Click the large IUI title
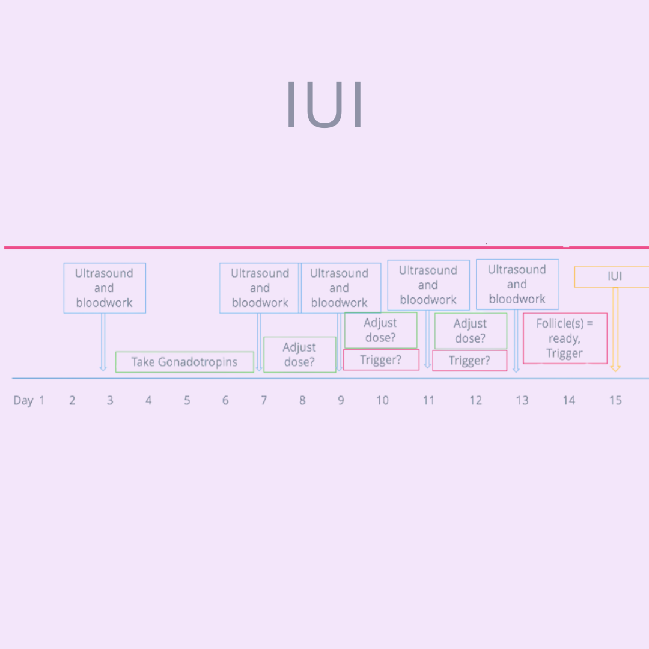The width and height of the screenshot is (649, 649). pyautogui.click(x=325, y=105)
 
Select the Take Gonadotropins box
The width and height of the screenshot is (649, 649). pyautogui.click(x=184, y=362)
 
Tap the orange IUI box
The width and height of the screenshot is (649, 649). pyautogui.click(x=612, y=277)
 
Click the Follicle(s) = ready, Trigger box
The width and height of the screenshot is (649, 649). pyautogui.click(x=565, y=338)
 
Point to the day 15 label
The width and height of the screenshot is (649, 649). pyautogui.click(x=615, y=400)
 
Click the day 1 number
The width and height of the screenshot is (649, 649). pyautogui.click(x=42, y=400)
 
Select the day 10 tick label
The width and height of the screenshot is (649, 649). pyautogui.click(x=382, y=400)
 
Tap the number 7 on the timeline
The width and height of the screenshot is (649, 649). pyautogui.click(x=264, y=400)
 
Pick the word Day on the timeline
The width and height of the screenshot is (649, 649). pyautogui.click(x=23, y=401)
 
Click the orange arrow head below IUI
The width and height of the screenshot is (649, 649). pyautogui.click(x=615, y=368)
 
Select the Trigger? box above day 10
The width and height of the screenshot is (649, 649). pyautogui.click(x=381, y=360)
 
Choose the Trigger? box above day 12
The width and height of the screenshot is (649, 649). pyautogui.click(x=470, y=361)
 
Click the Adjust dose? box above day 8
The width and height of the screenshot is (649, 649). pyautogui.click(x=300, y=355)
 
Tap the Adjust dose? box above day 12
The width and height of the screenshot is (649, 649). pyautogui.click(x=471, y=331)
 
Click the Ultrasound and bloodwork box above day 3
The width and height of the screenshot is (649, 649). pyautogui.click(x=105, y=288)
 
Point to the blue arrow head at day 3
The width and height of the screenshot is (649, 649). pyautogui.click(x=103, y=368)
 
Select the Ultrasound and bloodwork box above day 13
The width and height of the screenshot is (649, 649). pyautogui.click(x=517, y=284)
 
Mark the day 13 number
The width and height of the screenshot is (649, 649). pyautogui.click(x=522, y=400)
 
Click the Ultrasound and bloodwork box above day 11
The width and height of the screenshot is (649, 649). pyautogui.click(x=428, y=285)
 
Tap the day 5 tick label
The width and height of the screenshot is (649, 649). pyautogui.click(x=187, y=400)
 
